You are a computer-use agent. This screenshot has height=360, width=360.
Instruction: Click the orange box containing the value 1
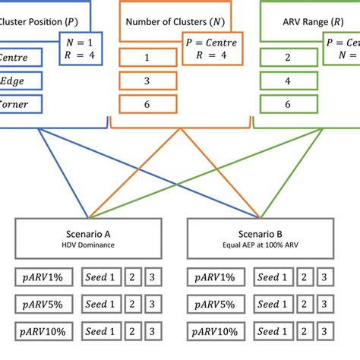[x=147, y=58]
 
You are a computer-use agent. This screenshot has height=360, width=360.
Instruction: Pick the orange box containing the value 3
[x=147, y=81]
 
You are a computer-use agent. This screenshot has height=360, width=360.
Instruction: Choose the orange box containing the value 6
[x=147, y=104]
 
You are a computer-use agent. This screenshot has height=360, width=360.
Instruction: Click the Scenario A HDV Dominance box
[x=89, y=238]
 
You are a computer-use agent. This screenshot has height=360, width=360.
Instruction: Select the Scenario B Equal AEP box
[x=261, y=238]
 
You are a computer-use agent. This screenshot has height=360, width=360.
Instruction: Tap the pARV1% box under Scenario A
[x=46, y=277]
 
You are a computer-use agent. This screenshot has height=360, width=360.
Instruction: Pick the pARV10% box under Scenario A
[x=46, y=332]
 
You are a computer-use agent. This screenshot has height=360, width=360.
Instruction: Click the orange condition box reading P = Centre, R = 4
[x=210, y=49]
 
